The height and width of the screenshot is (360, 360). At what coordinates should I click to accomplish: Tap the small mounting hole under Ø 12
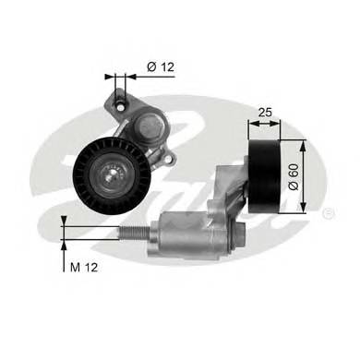pos(119,99)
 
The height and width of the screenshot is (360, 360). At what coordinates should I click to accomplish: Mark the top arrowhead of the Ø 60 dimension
pos(305,143)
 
